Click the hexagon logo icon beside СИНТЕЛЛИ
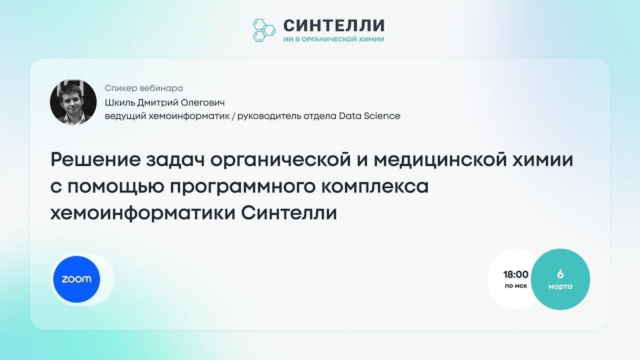[264, 30]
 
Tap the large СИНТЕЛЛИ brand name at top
[334, 25]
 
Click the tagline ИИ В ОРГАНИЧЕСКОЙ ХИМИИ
[333, 39]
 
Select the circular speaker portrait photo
[73, 102]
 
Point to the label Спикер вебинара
[143, 88]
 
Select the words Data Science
[369, 116]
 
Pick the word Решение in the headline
[95, 159]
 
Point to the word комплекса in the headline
[375, 186]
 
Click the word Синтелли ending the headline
[289, 213]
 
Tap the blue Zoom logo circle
[76, 279]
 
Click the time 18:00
[515, 274]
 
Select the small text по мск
[516, 285]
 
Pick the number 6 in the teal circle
[560, 274]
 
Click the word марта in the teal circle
[560, 286]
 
